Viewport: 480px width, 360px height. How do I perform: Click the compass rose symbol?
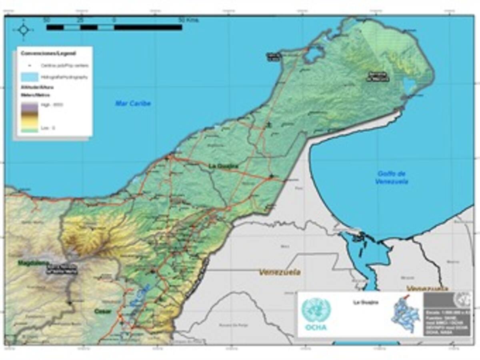[x=23, y=30]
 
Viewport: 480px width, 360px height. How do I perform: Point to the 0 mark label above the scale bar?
[x=114, y=20]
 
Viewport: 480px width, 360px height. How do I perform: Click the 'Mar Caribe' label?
[x=133, y=103]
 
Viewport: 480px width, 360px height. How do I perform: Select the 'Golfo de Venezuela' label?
[x=392, y=177]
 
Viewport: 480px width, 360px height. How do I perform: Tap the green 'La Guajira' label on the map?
[x=224, y=166]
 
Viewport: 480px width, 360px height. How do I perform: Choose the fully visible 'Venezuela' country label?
[x=280, y=272]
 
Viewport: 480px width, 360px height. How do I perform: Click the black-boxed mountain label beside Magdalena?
[x=61, y=270]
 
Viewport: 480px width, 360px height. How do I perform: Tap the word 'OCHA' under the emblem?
[x=316, y=327]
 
